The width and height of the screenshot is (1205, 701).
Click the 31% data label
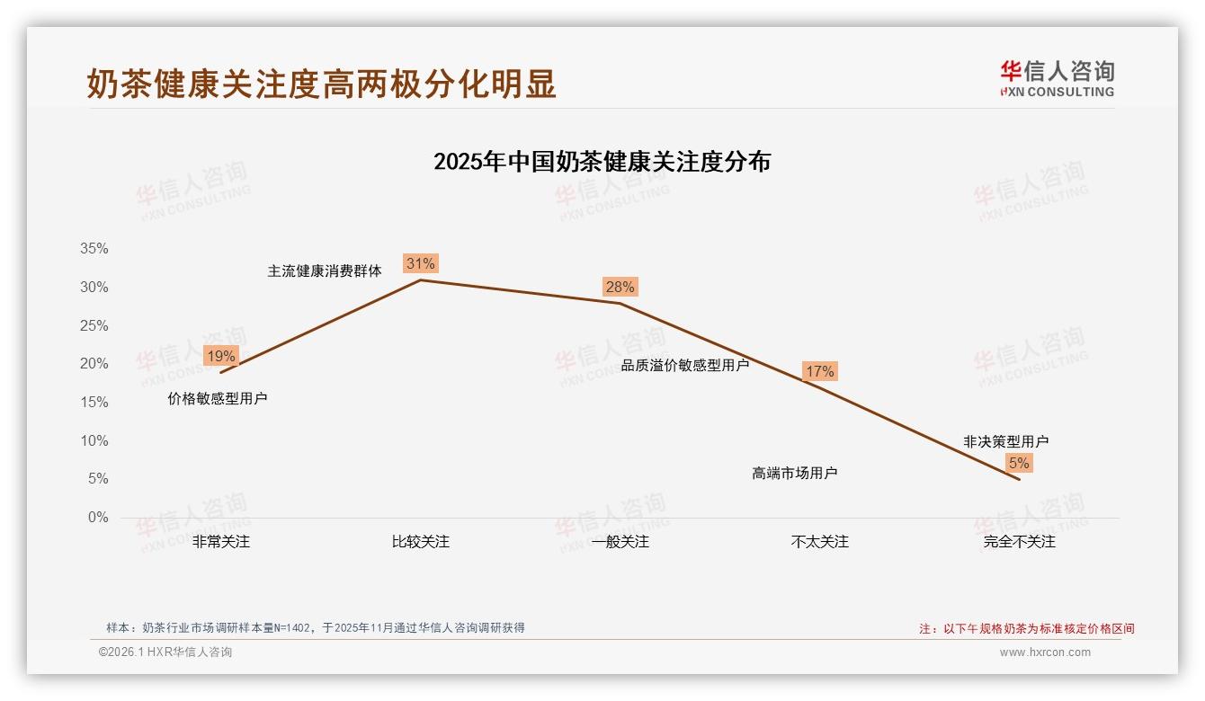tap(420, 263)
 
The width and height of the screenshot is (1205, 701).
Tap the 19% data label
tap(221, 356)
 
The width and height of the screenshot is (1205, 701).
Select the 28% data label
tap(620, 287)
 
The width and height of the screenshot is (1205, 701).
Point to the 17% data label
tap(819, 371)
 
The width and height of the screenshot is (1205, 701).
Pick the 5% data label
tap(1019, 463)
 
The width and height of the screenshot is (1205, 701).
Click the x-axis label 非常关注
tap(221, 542)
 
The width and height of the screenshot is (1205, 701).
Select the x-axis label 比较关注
tap(420, 542)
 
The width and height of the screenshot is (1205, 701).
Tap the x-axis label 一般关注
tap(620, 542)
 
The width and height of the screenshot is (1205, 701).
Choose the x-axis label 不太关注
tap(819, 542)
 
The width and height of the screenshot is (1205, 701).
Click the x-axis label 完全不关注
tap(1019, 542)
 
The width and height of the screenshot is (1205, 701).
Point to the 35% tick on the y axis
tap(94, 249)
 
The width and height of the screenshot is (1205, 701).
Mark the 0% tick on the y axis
tap(97, 518)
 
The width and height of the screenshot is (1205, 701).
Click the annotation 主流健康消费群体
tap(325, 271)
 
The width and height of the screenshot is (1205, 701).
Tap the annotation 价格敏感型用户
tap(218, 398)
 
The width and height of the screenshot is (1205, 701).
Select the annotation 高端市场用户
tap(795, 473)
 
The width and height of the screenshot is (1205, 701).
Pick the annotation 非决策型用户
tap(1005, 441)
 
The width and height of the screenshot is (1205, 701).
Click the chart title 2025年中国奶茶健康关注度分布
tap(602, 162)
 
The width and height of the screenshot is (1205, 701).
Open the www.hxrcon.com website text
tap(1045, 652)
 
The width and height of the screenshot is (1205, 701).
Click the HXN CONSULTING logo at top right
tap(1057, 78)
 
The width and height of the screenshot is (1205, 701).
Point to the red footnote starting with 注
tap(1026, 628)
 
